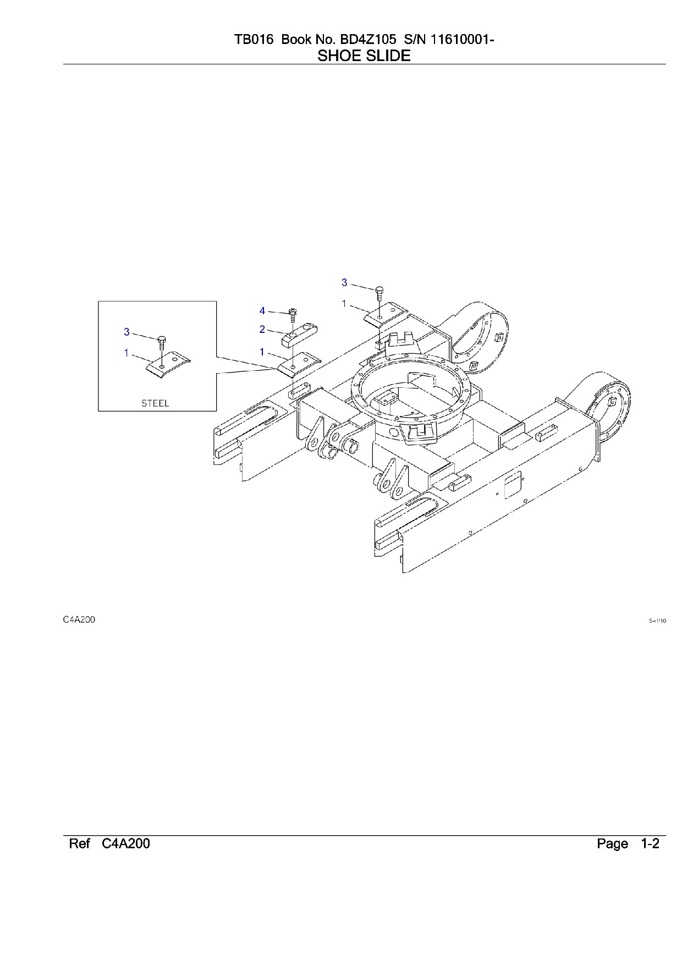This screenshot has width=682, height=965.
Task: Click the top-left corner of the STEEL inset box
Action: pyautogui.click(x=98, y=301)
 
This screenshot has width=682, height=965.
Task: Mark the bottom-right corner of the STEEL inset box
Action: pyautogui.click(x=216, y=410)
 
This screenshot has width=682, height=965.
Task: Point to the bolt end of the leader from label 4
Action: pyautogui.click(x=288, y=313)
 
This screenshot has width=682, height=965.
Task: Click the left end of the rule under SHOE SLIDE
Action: pyautogui.click(x=63, y=64)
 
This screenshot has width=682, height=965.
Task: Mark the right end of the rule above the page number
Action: pyautogui.click(x=666, y=836)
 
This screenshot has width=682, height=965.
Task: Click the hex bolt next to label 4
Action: pyautogui.click(x=293, y=316)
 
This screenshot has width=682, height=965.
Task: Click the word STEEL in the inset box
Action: pyautogui.click(x=155, y=403)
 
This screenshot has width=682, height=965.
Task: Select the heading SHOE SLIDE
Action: pyautogui.click(x=364, y=56)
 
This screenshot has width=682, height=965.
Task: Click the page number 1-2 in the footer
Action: pyautogui.click(x=650, y=844)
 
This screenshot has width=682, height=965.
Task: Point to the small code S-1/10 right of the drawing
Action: pyautogui.click(x=657, y=621)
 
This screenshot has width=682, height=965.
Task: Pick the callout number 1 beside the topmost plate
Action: pyautogui.click(x=344, y=303)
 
